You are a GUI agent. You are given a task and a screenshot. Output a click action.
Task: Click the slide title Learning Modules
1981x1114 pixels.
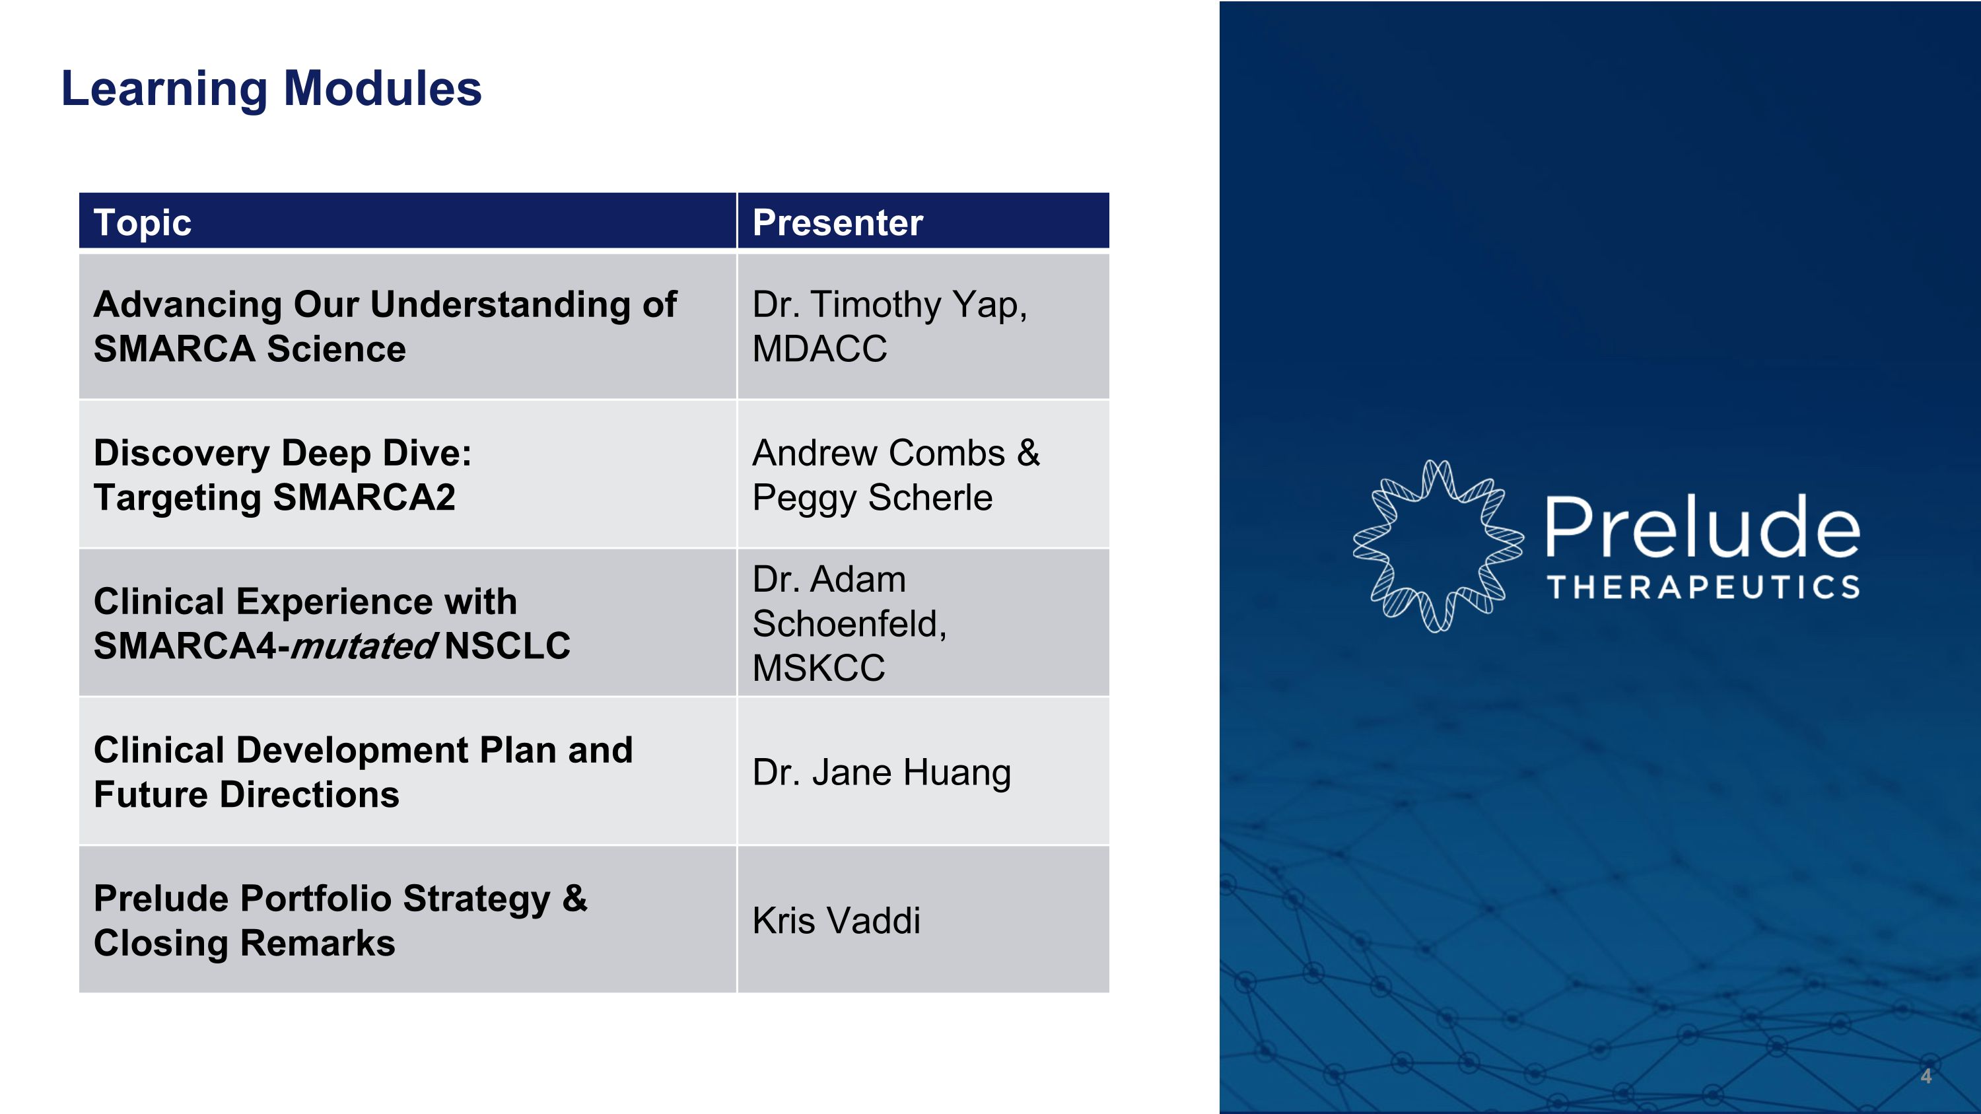(x=271, y=88)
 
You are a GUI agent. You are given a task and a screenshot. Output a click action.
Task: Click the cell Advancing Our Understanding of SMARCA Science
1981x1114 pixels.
(x=384, y=326)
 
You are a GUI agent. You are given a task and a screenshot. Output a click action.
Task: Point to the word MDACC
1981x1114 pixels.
(x=819, y=349)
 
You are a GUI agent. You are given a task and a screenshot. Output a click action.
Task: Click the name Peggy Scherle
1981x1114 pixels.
(x=872, y=497)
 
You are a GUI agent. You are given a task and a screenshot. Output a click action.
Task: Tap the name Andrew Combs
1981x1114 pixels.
(x=878, y=453)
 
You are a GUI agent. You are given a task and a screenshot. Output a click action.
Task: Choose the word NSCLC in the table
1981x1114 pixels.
(x=506, y=646)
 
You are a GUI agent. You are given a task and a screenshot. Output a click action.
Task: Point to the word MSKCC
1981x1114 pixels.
(x=818, y=668)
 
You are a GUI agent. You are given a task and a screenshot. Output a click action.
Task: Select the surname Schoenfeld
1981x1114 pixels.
(x=849, y=623)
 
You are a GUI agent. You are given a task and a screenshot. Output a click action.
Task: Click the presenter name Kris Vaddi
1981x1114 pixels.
(x=836, y=921)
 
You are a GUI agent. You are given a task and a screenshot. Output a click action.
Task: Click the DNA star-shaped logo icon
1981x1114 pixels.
(x=1438, y=546)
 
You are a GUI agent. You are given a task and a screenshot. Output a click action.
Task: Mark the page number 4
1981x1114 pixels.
(x=1925, y=1076)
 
